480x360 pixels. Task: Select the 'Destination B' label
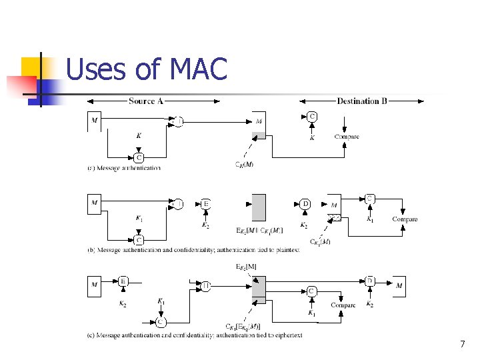[362, 101]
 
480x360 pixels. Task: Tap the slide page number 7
[462, 345]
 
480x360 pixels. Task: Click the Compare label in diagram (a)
[346, 137]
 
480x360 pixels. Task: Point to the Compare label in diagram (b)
[405, 219]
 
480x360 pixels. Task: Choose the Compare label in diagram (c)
[343, 305]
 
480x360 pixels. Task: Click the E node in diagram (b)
[205, 204]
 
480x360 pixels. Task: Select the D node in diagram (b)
[305, 204]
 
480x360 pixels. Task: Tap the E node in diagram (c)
[123, 281]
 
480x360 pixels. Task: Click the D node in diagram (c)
[370, 281]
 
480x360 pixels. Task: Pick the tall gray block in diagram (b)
[258, 209]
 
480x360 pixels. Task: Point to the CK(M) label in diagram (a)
[244, 165]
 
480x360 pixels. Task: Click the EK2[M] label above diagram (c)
[247, 267]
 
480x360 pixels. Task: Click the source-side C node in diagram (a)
[139, 157]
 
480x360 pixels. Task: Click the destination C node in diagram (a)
[311, 116]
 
